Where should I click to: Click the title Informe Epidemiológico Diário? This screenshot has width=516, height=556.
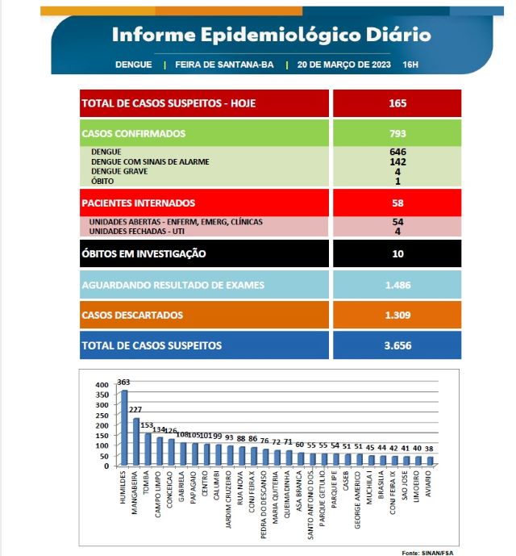click(x=271, y=35)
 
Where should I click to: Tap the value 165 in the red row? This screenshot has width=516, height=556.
click(x=397, y=103)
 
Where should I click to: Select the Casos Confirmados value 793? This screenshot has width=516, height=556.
click(x=397, y=134)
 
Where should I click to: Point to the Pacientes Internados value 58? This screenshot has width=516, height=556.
click(x=397, y=203)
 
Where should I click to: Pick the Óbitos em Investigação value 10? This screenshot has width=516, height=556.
click(x=397, y=253)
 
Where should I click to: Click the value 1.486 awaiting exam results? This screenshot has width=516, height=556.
click(x=397, y=285)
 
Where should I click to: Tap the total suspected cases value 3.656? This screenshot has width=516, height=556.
click(x=397, y=345)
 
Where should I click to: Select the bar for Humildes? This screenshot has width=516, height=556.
click(x=124, y=428)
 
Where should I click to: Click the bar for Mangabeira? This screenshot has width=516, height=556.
click(x=136, y=441)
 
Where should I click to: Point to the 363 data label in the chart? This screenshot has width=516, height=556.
click(x=123, y=383)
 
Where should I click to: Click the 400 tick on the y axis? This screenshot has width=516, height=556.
click(x=102, y=385)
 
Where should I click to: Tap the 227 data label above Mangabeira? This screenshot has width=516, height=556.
click(x=136, y=410)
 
